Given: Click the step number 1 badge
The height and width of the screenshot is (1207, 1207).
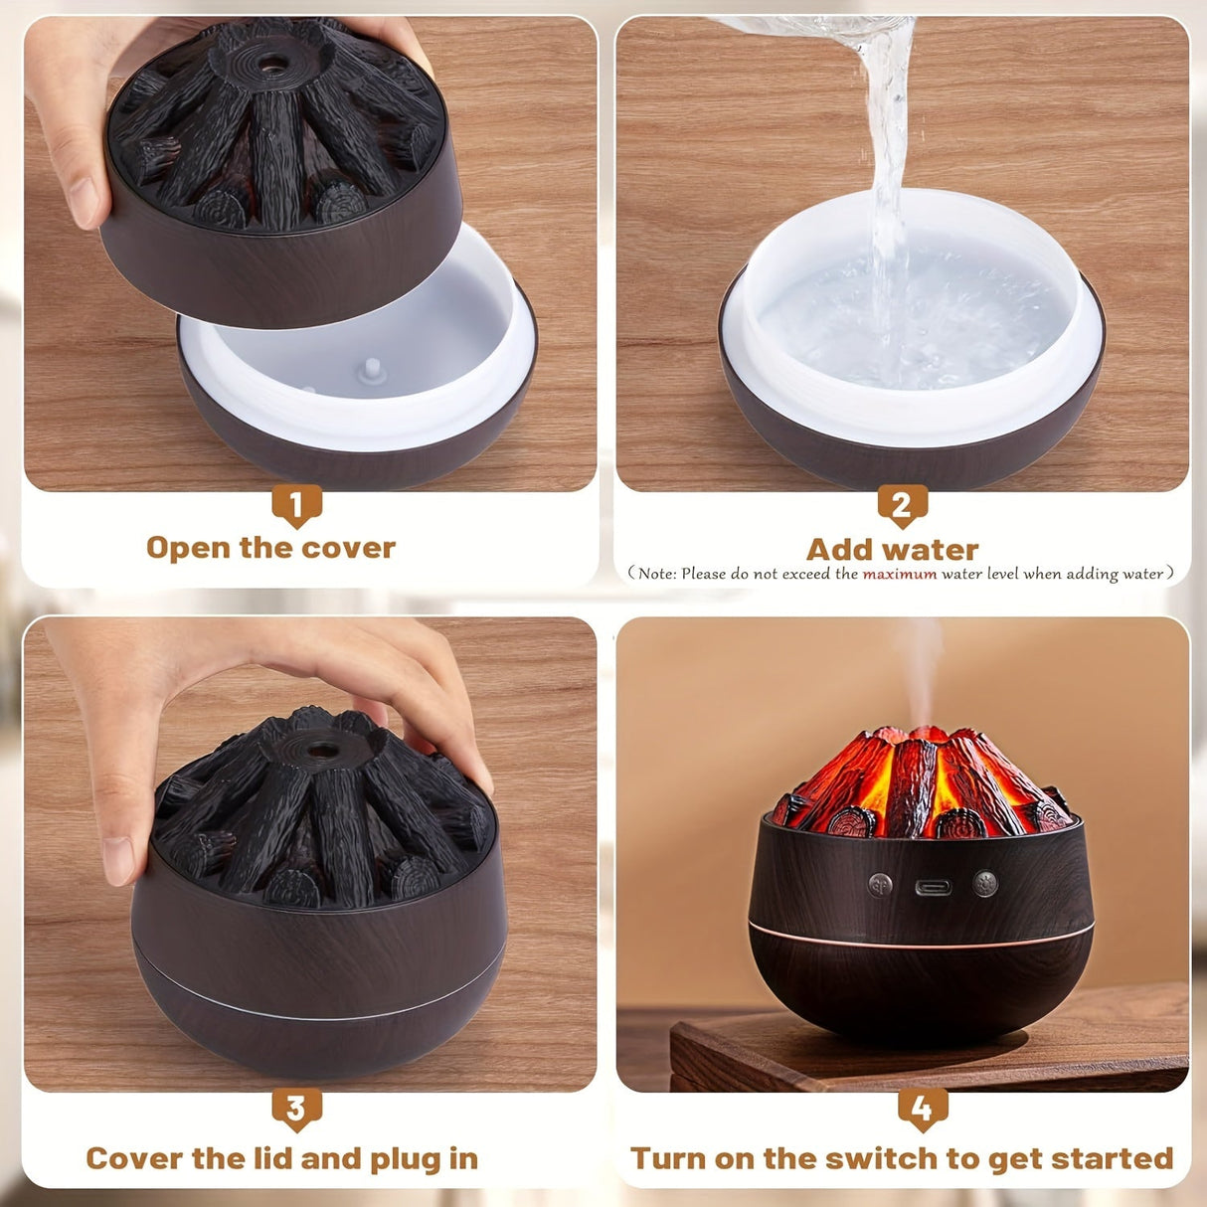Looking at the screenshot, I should click(x=296, y=505).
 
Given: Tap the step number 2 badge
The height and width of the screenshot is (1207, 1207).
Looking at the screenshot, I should click(x=902, y=505).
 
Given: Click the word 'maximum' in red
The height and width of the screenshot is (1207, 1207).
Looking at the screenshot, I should click(x=899, y=574).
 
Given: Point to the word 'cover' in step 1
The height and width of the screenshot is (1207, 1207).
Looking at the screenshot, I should click(x=348, y=548).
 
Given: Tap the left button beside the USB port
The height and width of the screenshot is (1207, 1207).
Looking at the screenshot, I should click(x=880, y=885).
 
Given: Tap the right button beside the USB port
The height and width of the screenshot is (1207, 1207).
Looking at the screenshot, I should click(x=984, y=884).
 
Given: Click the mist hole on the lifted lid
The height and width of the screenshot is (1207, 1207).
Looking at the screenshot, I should click(x=268, y=65).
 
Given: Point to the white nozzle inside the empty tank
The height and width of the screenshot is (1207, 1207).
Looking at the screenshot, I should click(x=372, y=370).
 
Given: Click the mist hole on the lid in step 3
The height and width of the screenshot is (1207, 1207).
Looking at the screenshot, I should click(x=320, y=744).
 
